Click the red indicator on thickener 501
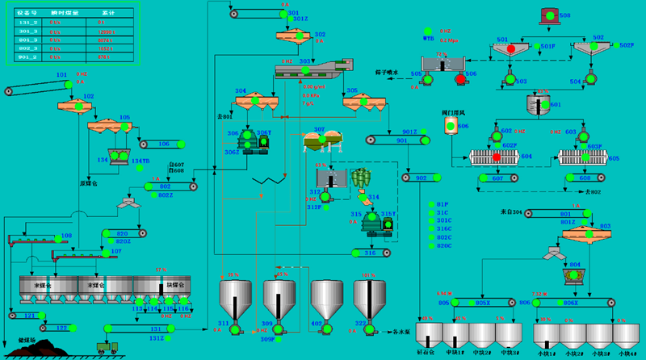[x=510, y=49]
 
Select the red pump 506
[x=460, y=79]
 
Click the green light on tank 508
[x=549, y=16]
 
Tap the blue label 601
[x=555, y=105]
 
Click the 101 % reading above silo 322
[x=371, y=275]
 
